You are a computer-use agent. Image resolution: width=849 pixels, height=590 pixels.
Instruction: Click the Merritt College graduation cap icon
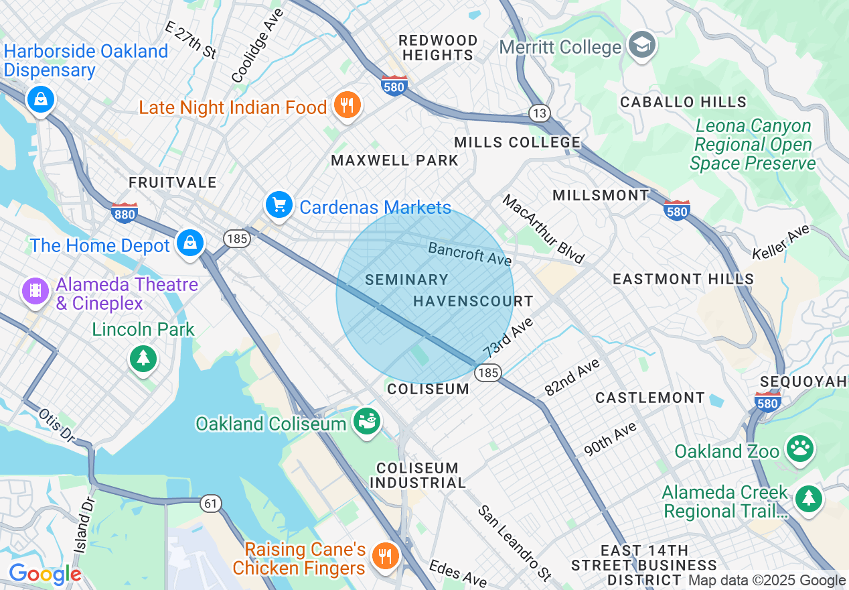642,46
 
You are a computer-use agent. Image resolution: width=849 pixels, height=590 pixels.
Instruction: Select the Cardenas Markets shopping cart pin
279,205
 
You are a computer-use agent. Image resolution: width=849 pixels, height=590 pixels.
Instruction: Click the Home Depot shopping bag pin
191,243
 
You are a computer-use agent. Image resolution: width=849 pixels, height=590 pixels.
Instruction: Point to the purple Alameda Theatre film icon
35,291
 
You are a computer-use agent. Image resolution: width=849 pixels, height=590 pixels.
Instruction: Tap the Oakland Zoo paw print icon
800,450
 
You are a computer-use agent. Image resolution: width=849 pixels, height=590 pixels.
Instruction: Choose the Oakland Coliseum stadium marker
366,422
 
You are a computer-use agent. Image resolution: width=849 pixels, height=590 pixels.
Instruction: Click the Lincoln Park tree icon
143,358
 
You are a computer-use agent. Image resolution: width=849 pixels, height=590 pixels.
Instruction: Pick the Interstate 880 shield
125,213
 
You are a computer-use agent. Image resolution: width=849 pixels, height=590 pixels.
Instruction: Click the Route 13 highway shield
539,113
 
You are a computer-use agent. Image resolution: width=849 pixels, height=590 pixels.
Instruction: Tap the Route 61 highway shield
211,503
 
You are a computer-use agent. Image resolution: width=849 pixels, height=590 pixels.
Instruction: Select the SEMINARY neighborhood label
406,280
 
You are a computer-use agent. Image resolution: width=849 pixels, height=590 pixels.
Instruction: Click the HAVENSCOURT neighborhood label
473,301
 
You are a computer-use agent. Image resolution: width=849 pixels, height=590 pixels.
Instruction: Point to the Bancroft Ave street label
470,254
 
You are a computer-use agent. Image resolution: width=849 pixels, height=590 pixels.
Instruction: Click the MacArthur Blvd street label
544,229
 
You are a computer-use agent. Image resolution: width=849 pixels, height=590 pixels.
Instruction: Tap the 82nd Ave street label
572,377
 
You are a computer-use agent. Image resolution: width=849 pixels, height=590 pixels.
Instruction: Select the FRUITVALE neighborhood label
173,182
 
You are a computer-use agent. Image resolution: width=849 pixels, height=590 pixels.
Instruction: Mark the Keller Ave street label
781,242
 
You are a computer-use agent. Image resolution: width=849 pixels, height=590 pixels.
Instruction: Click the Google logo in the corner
44,574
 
